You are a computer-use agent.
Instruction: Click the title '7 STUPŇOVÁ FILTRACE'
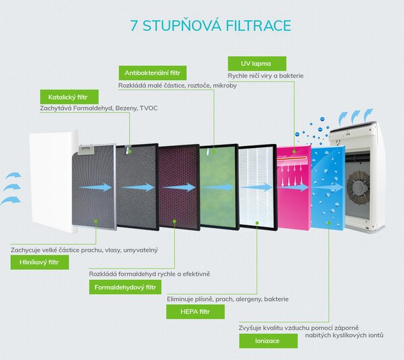pyautogui.click(x=211, y=26)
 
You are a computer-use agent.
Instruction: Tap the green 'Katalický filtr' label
pyautogui.click(x=69, y=97)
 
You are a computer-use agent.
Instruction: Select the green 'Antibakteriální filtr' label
pyautogui.click(x=153, y=73)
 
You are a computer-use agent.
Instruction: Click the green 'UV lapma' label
pyautogui.click(x=257, y=64)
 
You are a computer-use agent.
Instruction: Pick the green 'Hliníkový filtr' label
pyautogui.click(x=40, y=262)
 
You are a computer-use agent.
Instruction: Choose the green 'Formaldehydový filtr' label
pyautogui.click(x=125, y=287)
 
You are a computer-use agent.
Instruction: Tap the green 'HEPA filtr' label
pyautogui.click(x=195, y=312)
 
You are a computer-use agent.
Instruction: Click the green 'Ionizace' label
pyautogui.click(x=268, y=341)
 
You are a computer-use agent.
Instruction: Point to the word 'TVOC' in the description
pyautogui.click(x=148, y=108)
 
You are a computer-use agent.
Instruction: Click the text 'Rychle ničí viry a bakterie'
pyautogui.click(x=266, y=76)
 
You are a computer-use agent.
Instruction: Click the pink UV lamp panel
pyautogui.click(x=294, y=188)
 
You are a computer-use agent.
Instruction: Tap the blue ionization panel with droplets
pyautogui.click(x=328, y=187)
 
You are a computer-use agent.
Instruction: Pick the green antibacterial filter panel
pyautogui.click(x=219, y=186)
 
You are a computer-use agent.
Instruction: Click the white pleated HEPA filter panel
pyautogui.click(x=258, y=186)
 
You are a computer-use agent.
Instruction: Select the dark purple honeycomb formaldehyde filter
pyautogui.click(x=179, y=187)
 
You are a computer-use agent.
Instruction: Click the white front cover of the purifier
pyautogui.click(x=53, y=182)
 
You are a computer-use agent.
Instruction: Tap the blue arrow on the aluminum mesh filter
pyautogui.click(x=96, y=187)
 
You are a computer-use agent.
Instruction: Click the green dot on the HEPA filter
pyautogui.click(x=257, y=223)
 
